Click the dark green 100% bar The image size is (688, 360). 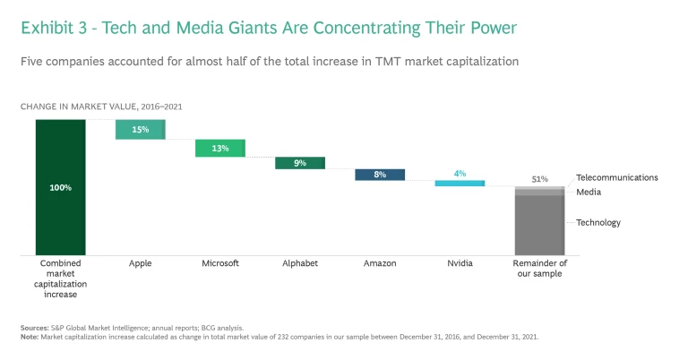[61, 187]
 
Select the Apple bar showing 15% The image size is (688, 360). [141, 130]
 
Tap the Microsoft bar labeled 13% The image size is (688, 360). [220, 149]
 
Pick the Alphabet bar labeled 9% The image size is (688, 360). [300, 163]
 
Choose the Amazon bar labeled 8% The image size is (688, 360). [380, 175]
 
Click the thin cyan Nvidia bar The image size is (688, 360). [460, 183]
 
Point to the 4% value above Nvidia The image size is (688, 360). [460, 173]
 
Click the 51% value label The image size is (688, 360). [539, 179]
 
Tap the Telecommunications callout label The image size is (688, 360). [616, 177]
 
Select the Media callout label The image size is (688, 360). [589, 192]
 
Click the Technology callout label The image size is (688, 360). [598, 222]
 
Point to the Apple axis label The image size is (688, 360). [141, 264]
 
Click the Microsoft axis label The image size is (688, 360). [220, 264]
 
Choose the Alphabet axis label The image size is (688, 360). [300, 264]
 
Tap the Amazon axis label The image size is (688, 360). [380, 264]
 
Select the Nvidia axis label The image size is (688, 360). [460, 264]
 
